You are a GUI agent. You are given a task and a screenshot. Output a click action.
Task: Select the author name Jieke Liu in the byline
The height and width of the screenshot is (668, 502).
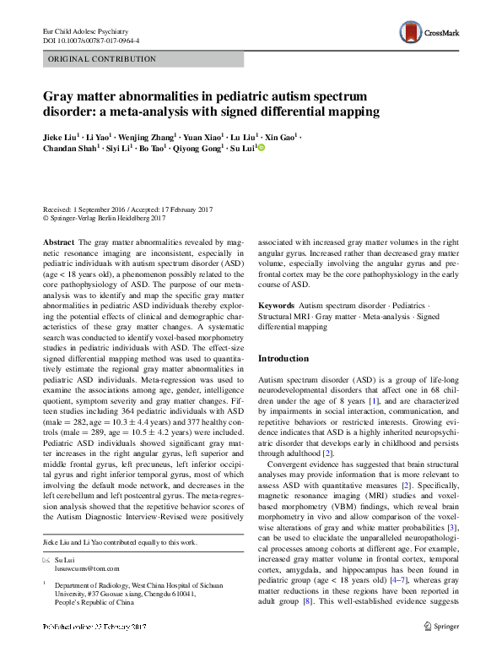tap(62, 136)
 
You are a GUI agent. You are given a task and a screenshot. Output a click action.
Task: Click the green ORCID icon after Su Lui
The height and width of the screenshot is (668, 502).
tap(261, 149)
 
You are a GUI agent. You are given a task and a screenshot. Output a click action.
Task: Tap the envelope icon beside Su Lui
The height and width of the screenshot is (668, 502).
tap(47, 559)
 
